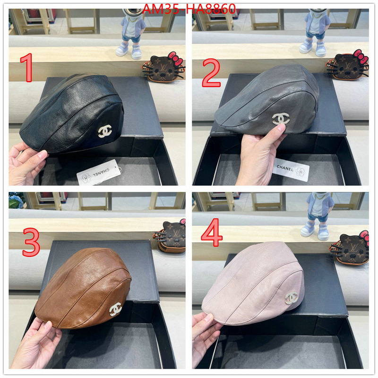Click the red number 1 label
pos(27,68)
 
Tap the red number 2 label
pos(211,73)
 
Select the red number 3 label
pos(31,242)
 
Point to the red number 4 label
pos(212,232)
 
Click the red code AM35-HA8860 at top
pos(189,9)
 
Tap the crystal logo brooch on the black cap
pos(105,131)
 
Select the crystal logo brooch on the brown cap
pos(115,309)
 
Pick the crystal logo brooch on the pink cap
pos(292,298)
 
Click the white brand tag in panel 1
pos(99,172)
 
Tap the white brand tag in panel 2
pos(291,170)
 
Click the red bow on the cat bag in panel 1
pos(175,58)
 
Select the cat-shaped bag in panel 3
pos(170,236)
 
